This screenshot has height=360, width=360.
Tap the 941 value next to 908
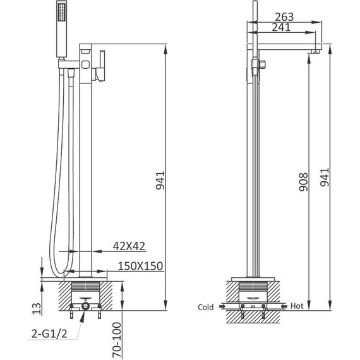[324, 179]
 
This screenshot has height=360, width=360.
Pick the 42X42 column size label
[130, 245]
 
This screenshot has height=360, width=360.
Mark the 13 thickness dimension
[37, 308]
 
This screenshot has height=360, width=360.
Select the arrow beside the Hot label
[281, 306]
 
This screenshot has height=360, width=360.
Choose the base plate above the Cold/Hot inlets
[253, 279]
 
